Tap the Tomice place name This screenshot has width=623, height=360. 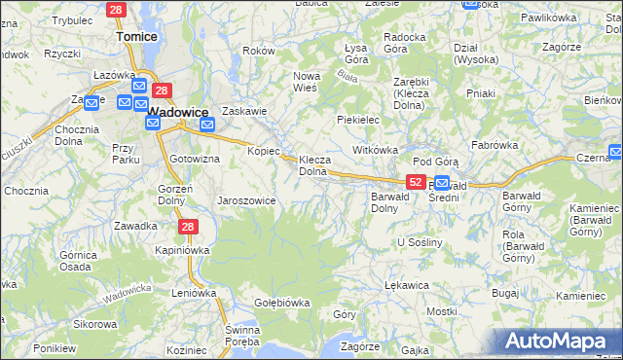point(136,36)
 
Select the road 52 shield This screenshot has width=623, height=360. point(416,182)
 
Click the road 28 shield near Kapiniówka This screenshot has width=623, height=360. point(189,227)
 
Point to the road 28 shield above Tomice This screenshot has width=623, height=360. point(117,10)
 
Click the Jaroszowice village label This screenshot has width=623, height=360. point(246,200)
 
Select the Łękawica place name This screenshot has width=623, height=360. point(408,285)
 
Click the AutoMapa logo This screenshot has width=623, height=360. point(558,342)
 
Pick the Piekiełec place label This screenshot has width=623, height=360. point(357,120)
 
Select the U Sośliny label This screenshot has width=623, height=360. point(421,241)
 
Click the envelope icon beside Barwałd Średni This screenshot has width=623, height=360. point(442,183)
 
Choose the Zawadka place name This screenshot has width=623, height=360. point(135,226)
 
